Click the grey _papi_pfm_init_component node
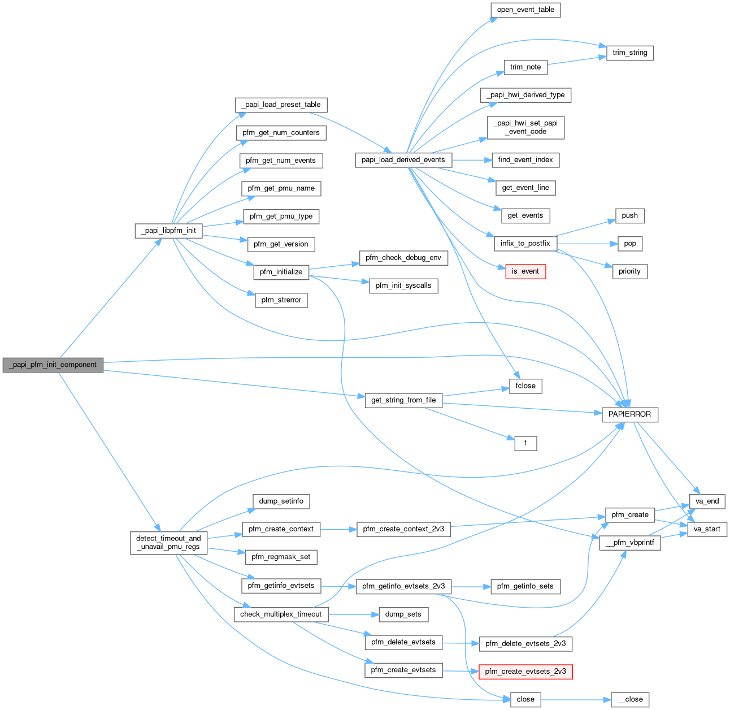(x=53, y=365)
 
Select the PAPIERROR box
(x=629, y=414)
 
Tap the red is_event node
(x=525, y=271)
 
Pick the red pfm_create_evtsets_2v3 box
(x=525, y=672)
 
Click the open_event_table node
(x=525, y=10)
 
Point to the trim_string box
(x=629, y=53)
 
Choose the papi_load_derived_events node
(x=403, y=160)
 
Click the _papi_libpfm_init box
(x=168, y=231)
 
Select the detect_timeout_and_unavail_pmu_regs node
(x=168, y=543)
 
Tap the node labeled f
(x=525, y=443)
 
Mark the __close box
(x=629, y=699)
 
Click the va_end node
(x=707, y=501)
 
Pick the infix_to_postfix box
(x=525, y=244)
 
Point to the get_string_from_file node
(x=403, y=400)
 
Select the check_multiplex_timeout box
(x=280, y=614)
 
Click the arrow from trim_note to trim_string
(x=573, y=60)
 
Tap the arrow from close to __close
(x=576, y=699)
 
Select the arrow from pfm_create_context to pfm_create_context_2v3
(x=338, y=529)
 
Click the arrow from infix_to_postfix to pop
(x=585, y=244)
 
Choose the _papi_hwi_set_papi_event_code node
(x=525, y=127)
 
